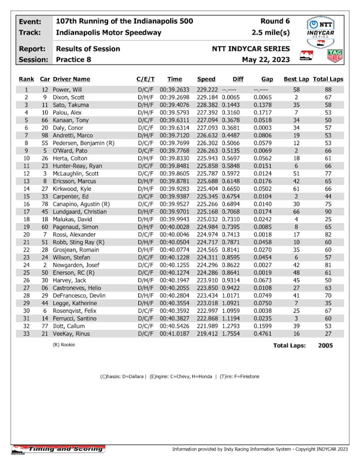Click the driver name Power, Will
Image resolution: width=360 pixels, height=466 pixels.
pos(67,89)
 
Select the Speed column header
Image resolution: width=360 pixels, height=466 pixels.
pos(206,79)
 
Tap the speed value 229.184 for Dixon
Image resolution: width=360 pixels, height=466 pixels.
pos(207,97)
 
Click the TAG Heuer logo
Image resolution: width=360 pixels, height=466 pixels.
pos(335,56)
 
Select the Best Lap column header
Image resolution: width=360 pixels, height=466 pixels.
pos(296,79)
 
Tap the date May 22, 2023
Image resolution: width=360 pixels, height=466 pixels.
pos(265,59)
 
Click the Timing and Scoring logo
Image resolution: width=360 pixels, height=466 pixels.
pos(58,449)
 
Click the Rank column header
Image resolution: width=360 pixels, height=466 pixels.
pos(26,79)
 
